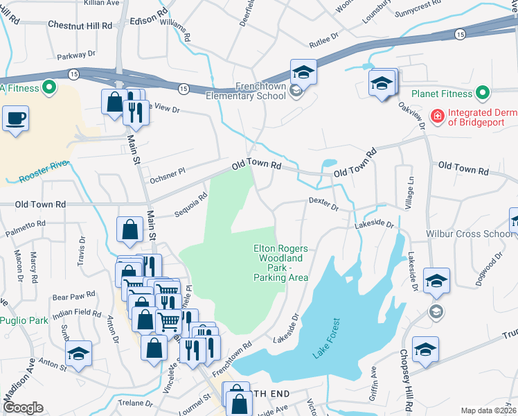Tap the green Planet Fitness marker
[483, 93]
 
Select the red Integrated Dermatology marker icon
[437, 115]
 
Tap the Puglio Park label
[24, 320]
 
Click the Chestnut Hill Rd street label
[80, 25]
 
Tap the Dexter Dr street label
[323, 204]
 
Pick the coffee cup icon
[15, 119]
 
